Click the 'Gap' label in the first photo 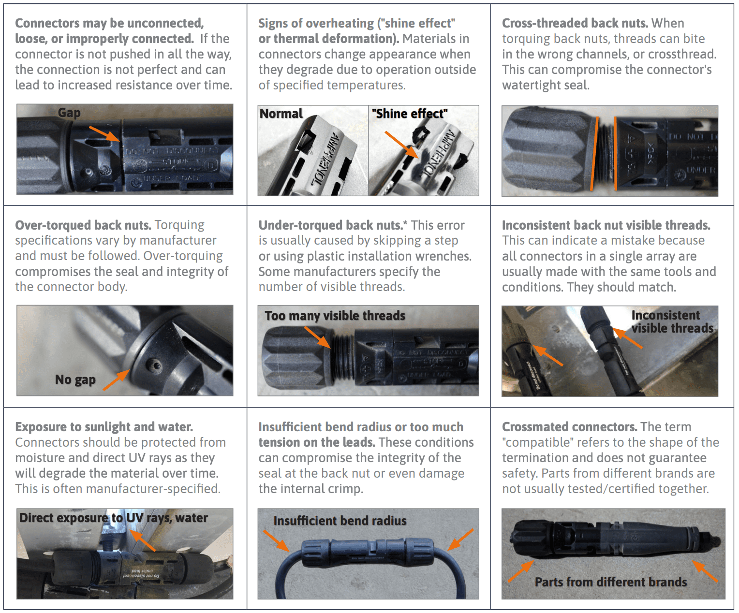click(69, 113)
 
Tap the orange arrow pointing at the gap click(104, 133)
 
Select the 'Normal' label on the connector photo click(281, 114)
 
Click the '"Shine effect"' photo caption click(409, 114)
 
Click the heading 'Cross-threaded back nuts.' click(575, 23)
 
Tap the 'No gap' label click(75, 379)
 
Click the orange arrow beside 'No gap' click(117, 380)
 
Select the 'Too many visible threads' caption click(335, 316)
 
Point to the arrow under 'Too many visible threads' click(318, 337)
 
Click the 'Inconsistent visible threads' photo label click(671, 321)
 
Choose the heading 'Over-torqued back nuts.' click(83, 225)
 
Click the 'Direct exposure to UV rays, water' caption click(114, 518)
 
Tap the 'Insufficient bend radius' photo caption click(340, 521)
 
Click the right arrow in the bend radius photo click(460, 540)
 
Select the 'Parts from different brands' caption click(610, 582)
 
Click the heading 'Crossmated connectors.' click(569, 427)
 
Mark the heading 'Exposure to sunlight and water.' click(104, 427)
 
